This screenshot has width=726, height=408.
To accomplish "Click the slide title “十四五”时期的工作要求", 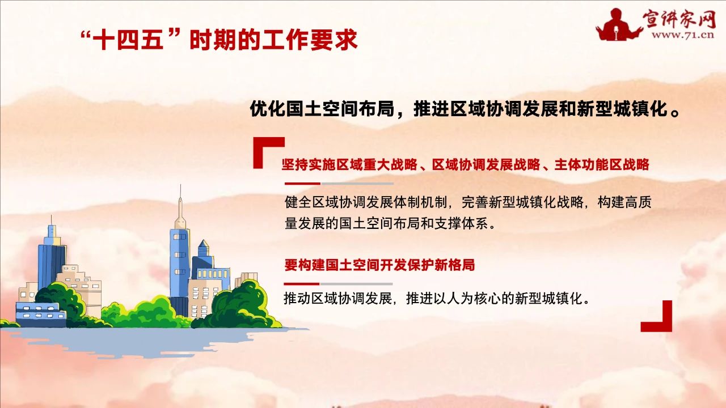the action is pyautogui.click(x=219, y=40).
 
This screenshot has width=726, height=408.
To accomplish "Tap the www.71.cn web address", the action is pyautogui.click(x=683, y=35).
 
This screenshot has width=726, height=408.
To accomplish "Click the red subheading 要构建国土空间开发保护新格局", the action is pyautogui.click(x=379, y=265).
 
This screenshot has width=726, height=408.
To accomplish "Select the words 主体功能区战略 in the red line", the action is pyautogui.click(x=602, y=164).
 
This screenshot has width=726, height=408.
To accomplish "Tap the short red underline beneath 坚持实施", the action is pyautogui.click(x=302, y=184).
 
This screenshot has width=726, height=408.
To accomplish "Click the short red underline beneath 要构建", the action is pyautogui.click(x=302, y=284).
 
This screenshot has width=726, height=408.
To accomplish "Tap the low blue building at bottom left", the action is pyautogui.click(x=40, y=314).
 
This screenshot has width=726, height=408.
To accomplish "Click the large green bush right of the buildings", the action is pyautogui.click(x=239, y=306).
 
